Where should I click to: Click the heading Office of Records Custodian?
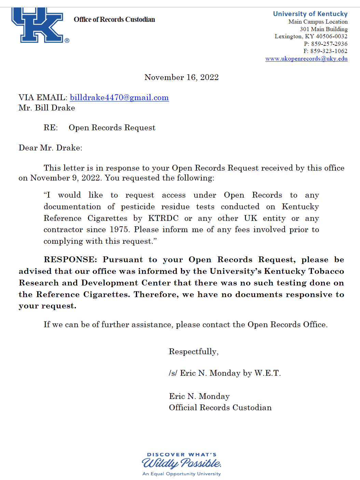[x=114, y=19]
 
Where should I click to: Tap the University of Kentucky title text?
[x=310, y=14]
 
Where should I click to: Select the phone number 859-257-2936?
[x=329, y=44]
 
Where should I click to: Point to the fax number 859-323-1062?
[x=329, y=51]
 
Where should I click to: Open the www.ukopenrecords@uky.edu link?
[x=306, y=58]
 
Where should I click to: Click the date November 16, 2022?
[x=181, y=77]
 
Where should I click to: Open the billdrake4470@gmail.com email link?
[x=119, y=97]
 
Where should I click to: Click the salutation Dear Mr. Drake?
[x=50, y=148]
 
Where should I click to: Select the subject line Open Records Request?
[x=112, y=128]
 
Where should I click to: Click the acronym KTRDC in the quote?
[x=163, y=218]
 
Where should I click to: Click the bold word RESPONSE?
[x=70, y=259]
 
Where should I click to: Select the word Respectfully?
[x=193, y=351]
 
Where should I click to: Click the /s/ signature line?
[x=224, y=373]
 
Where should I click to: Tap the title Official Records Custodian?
[x=220, y=408]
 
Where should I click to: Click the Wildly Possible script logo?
[x=181, y=463]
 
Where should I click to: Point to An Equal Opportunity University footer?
[x=181, y=474]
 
